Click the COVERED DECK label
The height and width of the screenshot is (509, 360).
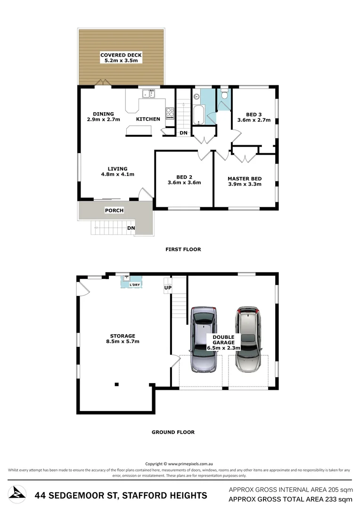point(121,55)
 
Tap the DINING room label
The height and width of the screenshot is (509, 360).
point(103,114)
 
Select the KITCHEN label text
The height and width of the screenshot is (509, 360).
point(148,119)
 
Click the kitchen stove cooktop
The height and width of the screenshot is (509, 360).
point(170,114)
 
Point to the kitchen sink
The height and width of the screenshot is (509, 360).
point(149,94)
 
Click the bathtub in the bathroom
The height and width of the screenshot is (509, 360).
point(198,114)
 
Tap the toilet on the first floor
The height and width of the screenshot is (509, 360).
point(224,94)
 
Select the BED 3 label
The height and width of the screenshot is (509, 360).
point(254,115)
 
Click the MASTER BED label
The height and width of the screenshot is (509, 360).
point(244,179)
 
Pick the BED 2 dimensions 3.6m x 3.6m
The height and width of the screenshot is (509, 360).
point(184,183)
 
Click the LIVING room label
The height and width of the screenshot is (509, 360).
point(117,169)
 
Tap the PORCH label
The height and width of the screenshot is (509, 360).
point(114,210)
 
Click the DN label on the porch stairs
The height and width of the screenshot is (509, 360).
point(131,228)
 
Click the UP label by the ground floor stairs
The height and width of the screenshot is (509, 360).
point(167,287)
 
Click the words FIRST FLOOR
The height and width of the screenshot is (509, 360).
point(183,249)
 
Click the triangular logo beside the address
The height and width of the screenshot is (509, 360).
point(17,493)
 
